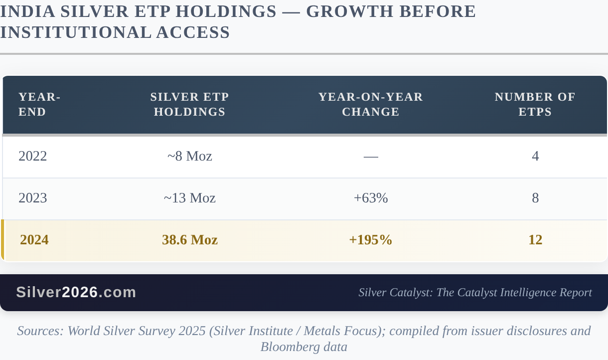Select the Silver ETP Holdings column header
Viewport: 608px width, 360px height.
tap(189, 105)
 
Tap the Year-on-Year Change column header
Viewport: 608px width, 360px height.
tap(370, 105)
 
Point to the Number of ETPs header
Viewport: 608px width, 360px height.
tap(535, 105)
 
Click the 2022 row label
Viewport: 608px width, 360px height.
tap(33, 157)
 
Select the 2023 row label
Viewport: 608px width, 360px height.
tap(33, 198)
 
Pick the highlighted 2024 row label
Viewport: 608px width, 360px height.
tap(34, 240)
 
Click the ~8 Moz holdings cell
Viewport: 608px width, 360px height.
tap(189, 157)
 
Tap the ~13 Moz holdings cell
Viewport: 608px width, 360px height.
tap(189, 198)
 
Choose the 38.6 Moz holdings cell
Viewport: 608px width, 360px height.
tap(189, 240)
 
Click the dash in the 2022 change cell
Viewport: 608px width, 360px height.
tap(371, 157)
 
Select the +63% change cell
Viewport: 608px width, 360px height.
tap(371, 198)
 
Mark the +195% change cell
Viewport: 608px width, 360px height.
tap(371, 240)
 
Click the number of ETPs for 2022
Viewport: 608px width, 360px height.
tap(535, 157)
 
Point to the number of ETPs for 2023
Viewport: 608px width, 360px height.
tap(535, 198)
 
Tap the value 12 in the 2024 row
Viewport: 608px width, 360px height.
tap(535, 240)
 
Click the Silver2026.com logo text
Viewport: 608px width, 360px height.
tap(76, 292)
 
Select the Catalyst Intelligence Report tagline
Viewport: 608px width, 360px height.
tap(475, 293)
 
